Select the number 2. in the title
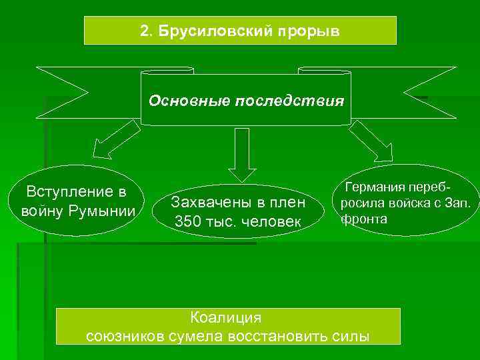147,31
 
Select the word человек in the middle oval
269,221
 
